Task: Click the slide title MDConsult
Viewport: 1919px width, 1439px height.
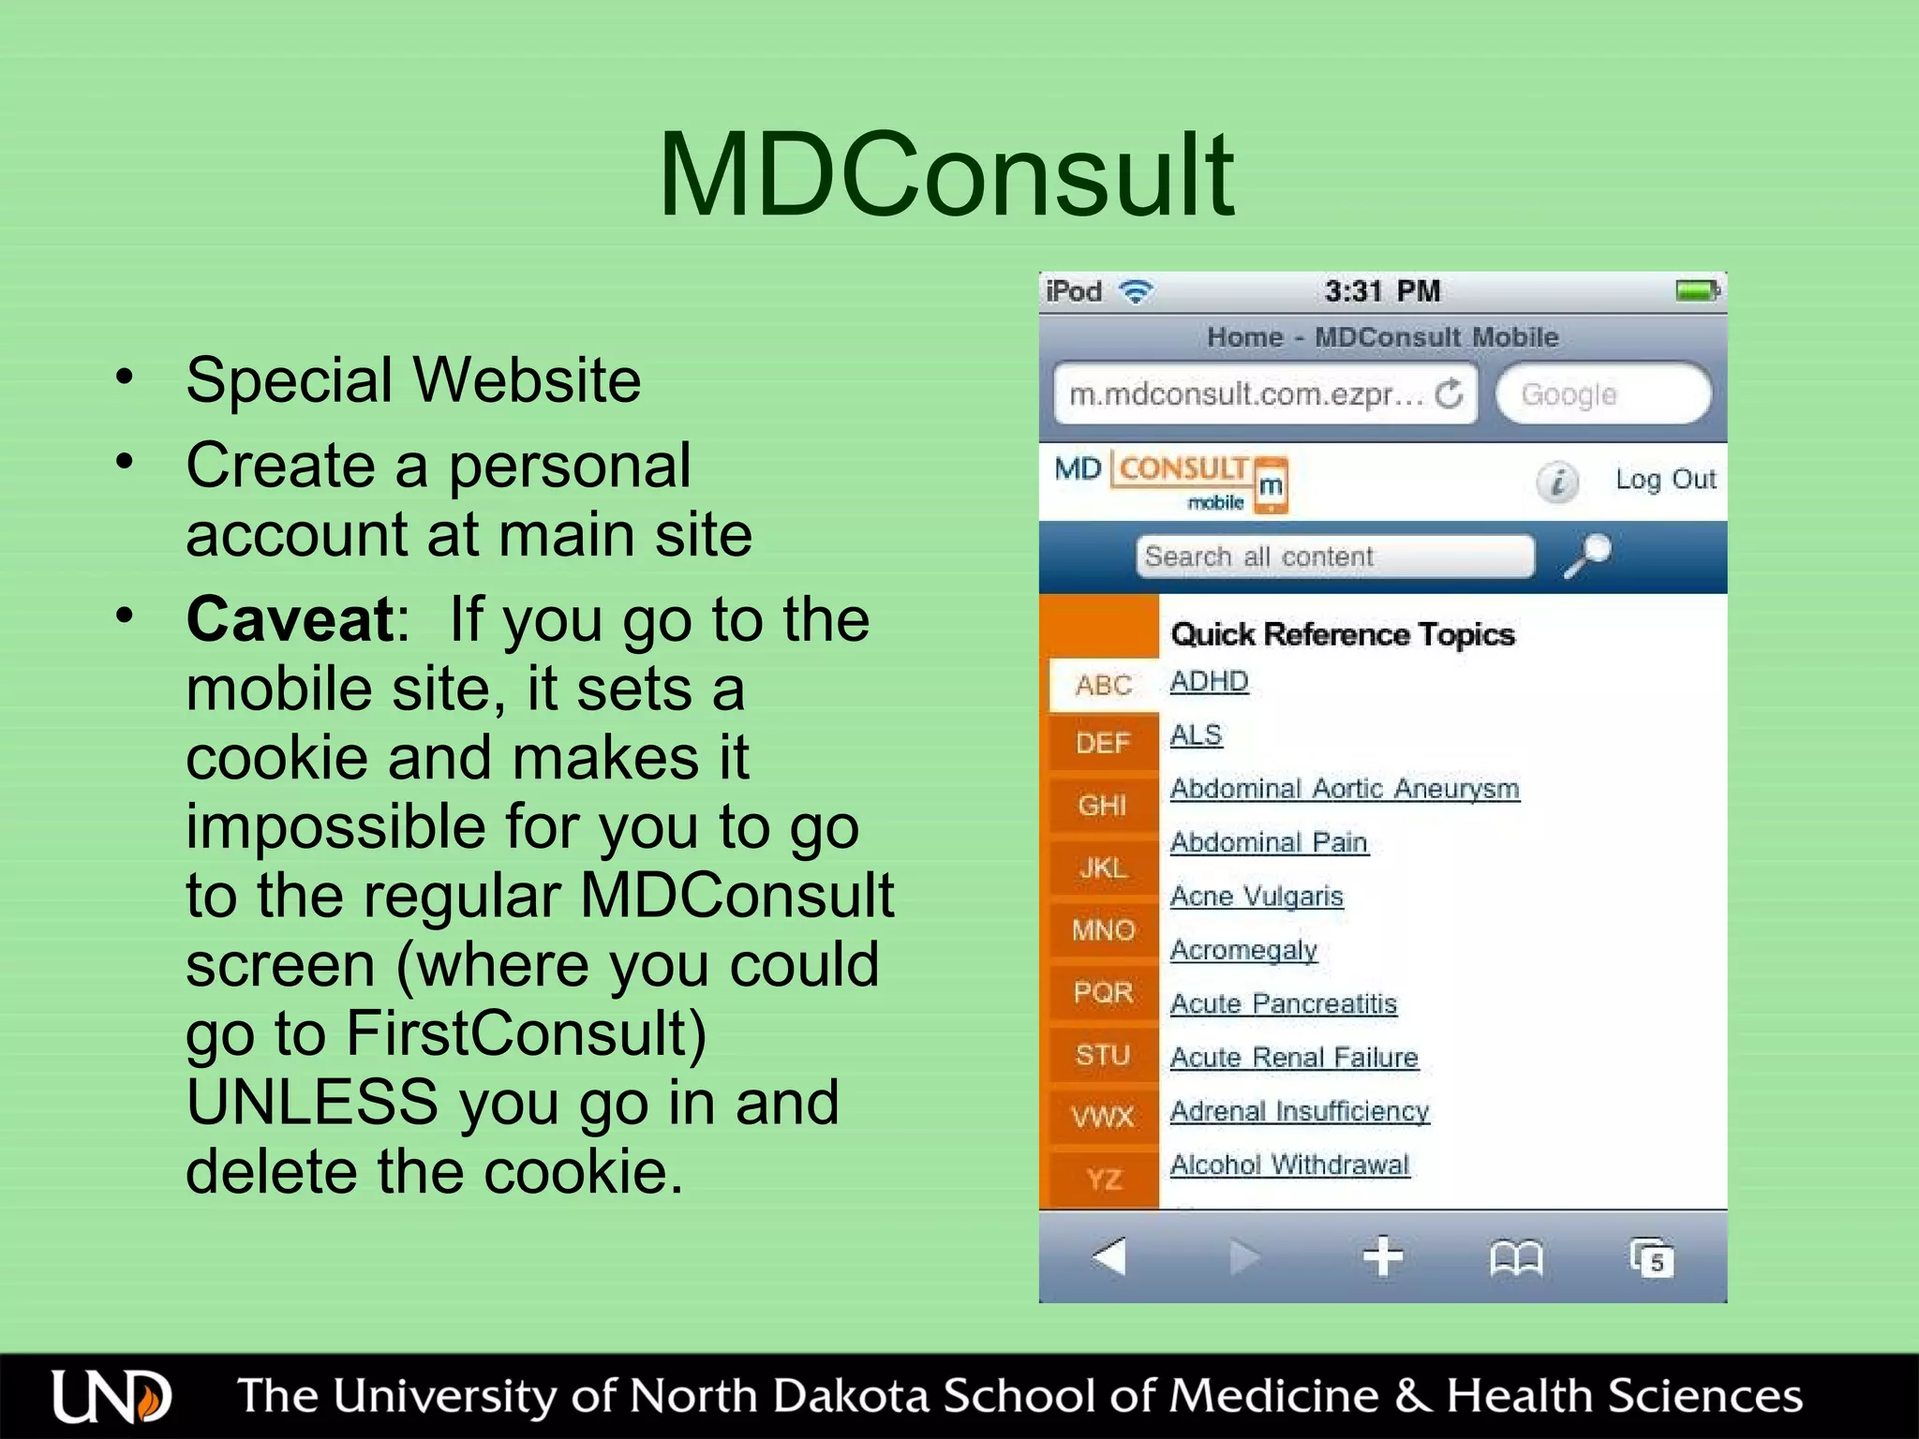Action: [x=946, y=176]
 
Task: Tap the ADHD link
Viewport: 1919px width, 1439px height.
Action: [x=1209, y=681]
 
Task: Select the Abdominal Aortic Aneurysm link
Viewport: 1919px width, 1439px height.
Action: [x=1345, y=789]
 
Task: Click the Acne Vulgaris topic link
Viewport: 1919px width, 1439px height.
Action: [x=1257, y=897]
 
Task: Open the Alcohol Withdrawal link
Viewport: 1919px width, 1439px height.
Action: [x=1289, y=1165]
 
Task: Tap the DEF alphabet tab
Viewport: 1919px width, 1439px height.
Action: [x=1102, y=744]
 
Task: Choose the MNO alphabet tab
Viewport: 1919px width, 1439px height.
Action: [x=1103, y=930]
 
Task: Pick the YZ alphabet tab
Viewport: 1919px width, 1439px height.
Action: [x=1104, y=1179]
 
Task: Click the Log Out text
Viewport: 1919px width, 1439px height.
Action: [x=1665, y=480]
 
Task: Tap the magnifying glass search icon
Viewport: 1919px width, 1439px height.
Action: [x=1587, y=556]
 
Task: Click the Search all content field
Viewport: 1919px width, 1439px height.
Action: [x=1334, y=556]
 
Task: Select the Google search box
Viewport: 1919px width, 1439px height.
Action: [x=1602, y=394]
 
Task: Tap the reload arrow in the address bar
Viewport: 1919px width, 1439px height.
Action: [x=1449, y=394]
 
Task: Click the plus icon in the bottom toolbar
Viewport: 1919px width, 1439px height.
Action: [x=1382, y=1257]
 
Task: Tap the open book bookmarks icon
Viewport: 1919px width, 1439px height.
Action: [x=1515, y=1258]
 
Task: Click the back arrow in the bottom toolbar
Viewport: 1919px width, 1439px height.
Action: [x=1109, y=1256]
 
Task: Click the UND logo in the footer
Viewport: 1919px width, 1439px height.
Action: [x=112, y=1397]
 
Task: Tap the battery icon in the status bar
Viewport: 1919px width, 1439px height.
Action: [x=1697, y=291]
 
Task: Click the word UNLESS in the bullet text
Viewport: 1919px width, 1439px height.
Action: [x=312, y=1103]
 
